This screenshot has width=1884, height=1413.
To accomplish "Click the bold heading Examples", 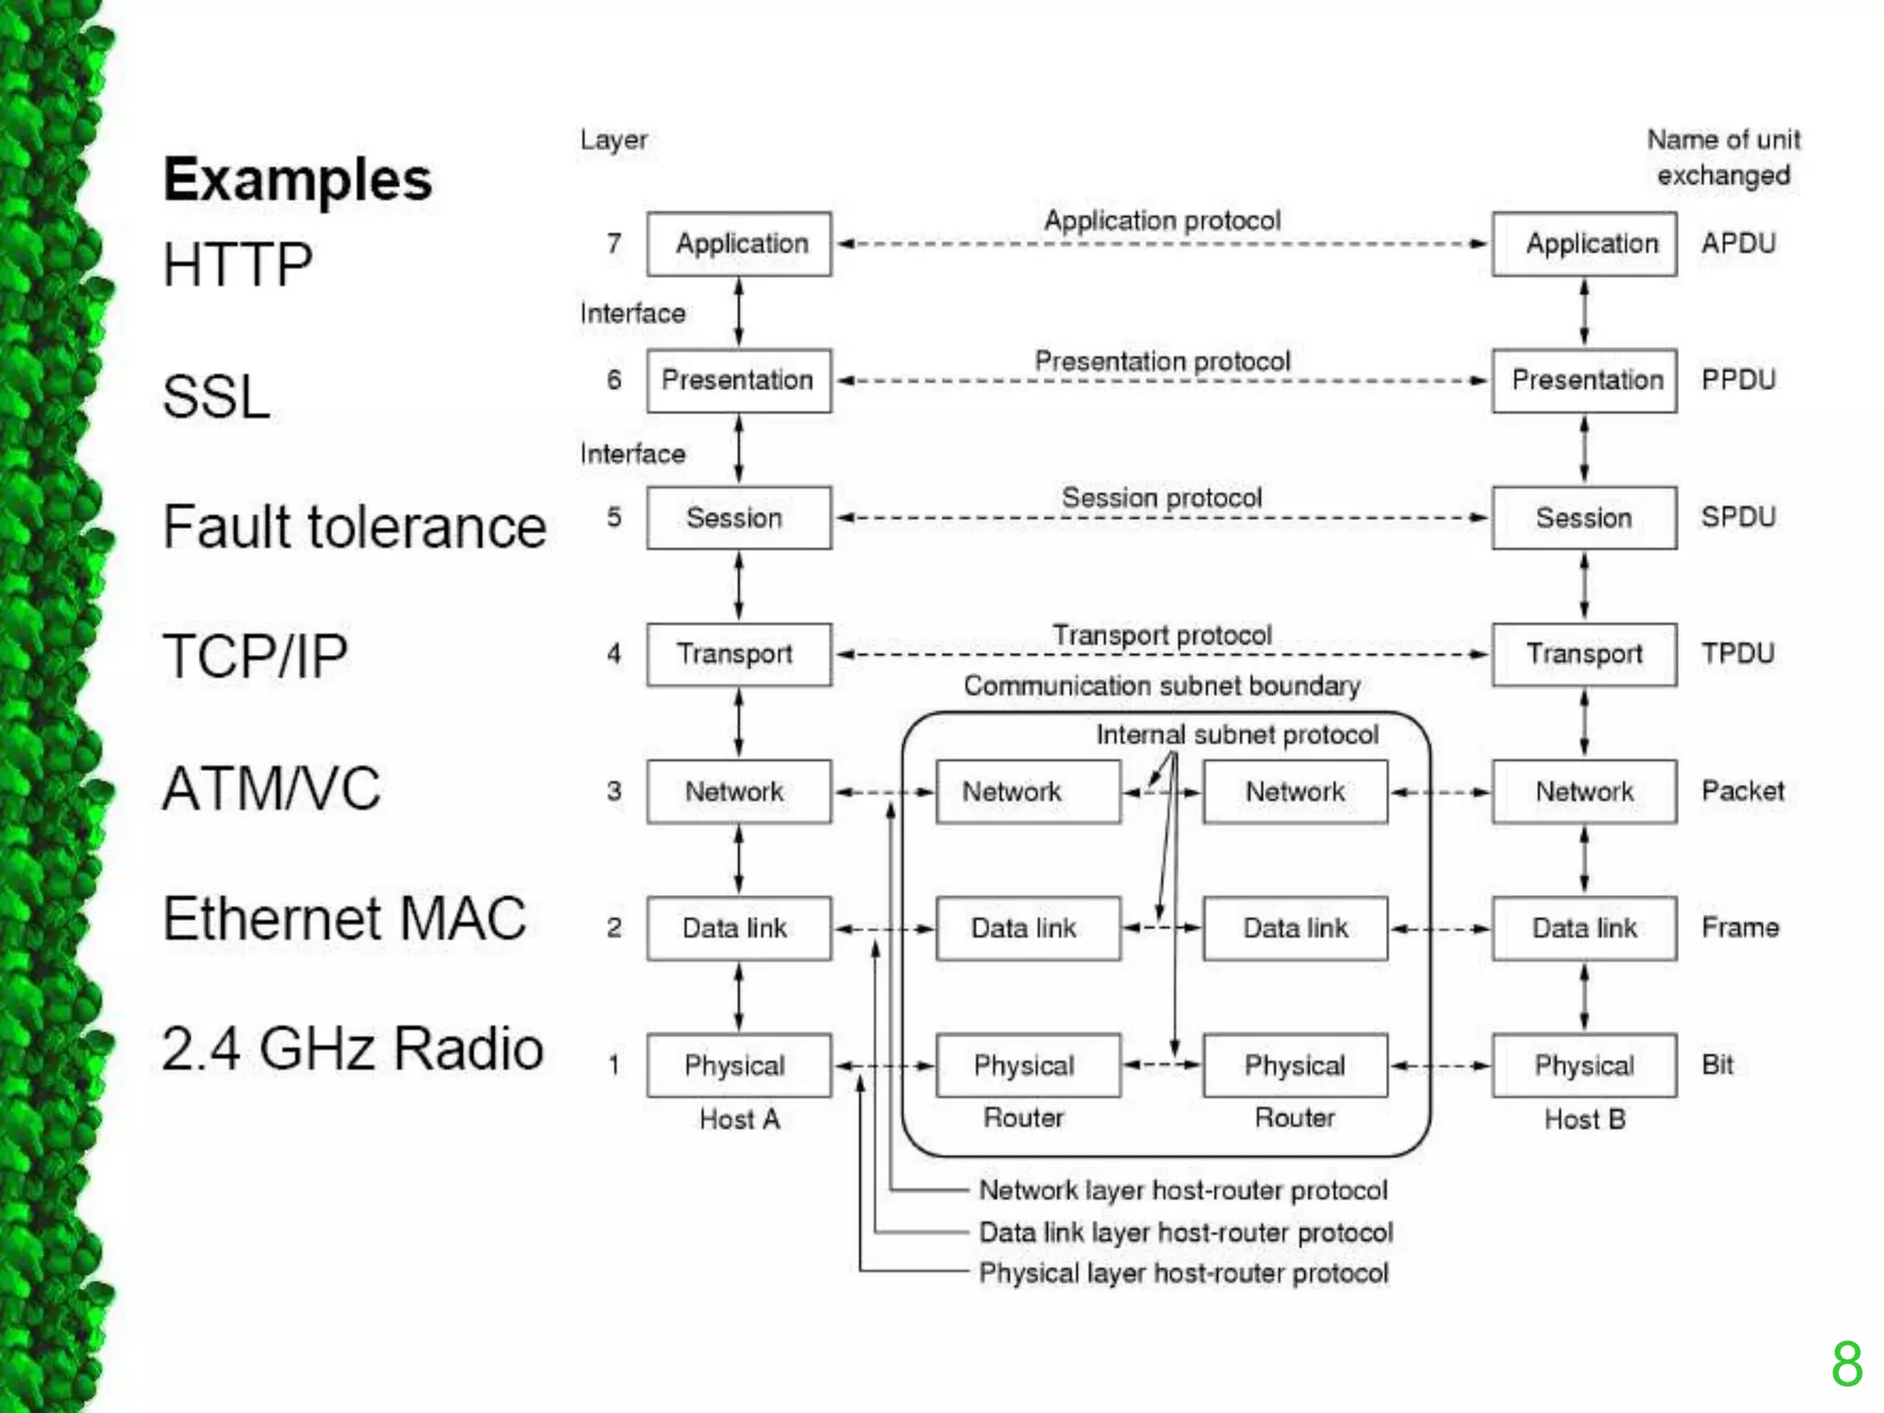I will [297, 179].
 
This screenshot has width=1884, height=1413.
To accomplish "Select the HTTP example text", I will [237, 265].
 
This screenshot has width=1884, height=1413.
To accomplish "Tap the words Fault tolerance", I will [354, 527].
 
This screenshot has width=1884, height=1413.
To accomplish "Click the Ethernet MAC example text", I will [344, 918].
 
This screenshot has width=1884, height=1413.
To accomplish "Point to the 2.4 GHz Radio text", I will [352, 1049].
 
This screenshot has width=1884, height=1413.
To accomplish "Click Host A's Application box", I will [739, 244].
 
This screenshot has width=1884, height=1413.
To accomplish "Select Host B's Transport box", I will [1584, 654].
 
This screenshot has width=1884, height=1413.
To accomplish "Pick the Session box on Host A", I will [739, 518].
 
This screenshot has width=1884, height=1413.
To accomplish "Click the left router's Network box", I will [1028, 791].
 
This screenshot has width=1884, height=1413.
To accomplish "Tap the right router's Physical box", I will [1294, 1065].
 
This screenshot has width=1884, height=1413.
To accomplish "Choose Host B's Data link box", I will [1584, 928].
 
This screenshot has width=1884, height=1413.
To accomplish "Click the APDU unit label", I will [1738, 244].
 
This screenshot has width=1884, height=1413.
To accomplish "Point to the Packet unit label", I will [1742, 791].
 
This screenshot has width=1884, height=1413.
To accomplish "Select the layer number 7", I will [614, 244].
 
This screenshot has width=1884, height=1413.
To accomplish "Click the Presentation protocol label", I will [1162, 362].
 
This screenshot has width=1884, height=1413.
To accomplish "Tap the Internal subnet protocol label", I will [1236, 734].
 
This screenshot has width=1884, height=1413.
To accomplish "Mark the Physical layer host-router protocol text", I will [1183, 1273].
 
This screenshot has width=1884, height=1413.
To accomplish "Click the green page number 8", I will [1846, 1364].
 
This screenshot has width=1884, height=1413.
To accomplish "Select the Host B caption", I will [1584, 1120].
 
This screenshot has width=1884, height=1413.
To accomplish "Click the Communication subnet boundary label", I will [1162, 686].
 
